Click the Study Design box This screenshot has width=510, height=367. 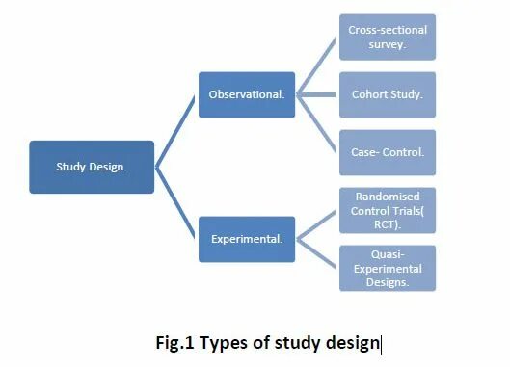pyautogui.click(x=92, y=167)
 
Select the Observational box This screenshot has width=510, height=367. pyautogui.click(x=247, y=94)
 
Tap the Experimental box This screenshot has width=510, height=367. pyautogui.click(x=247, y=239)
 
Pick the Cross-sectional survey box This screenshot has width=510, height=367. pyautogui.click(x=388, y=38)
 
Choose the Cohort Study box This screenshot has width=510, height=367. pyautogui.click(x=388, y=94)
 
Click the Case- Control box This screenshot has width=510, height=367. pyautogui.click(x=388, y=152)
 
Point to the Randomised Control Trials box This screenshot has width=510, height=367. pyautogui.click(x=388, y=210)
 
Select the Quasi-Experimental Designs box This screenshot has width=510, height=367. pyautogui.click(x=388, y=268)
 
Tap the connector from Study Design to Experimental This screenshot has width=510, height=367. pyautogui.click(x=176, y=203)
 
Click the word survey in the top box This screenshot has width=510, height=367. pyautogui.click(x=388, y=44)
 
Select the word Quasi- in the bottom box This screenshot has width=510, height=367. pyautogui.click(x=388, y=255)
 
